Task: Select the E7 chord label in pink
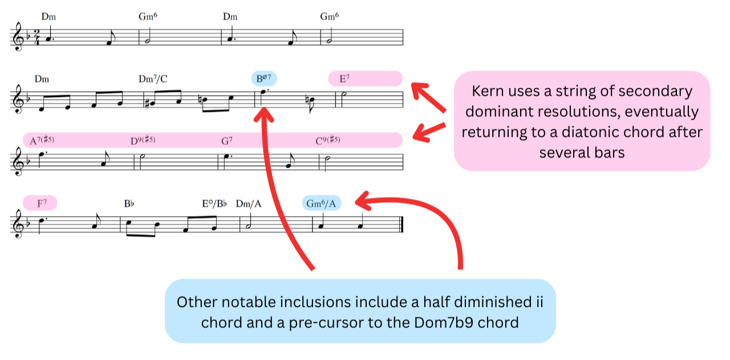pos(344,79)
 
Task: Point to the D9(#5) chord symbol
pos(143,140)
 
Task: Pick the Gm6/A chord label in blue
pos(322,203)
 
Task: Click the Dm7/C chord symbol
pos(153,79)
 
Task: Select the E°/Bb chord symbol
pos(214,203)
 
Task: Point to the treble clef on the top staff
pos(18,38)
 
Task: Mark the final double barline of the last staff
pos(401,224)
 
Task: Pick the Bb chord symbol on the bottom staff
pos(128,203)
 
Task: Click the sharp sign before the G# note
pos(148,100)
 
